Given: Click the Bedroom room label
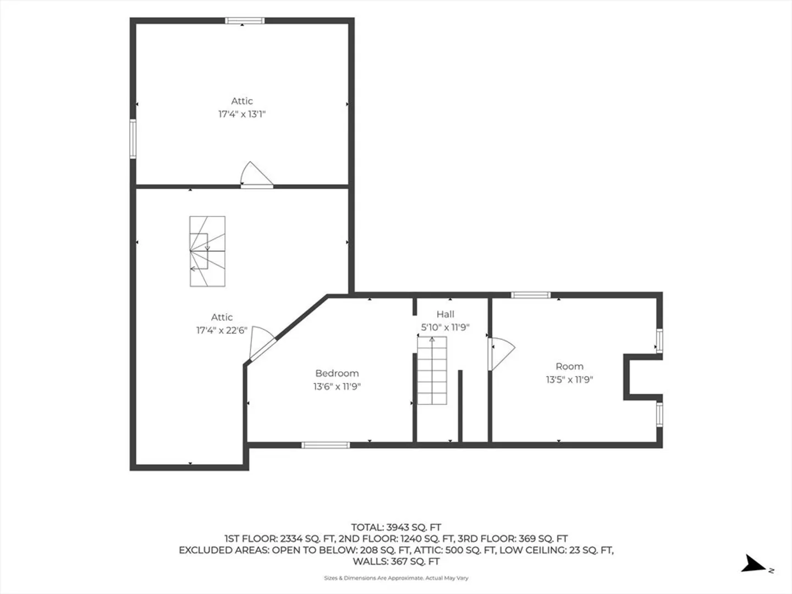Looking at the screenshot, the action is coord(337,373).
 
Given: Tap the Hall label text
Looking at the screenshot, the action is coord(446,314).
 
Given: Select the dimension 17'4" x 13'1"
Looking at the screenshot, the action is coord(242,114).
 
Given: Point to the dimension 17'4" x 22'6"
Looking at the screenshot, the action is coord(222,331).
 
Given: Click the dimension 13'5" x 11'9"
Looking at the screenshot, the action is coord(569,380).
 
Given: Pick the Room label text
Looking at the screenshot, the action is coord(569,366).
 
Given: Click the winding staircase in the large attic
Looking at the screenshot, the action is coord(207,251).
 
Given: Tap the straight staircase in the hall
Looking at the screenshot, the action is coord(432,370).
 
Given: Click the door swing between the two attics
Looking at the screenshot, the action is coord(256,175).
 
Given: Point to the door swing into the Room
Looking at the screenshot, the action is coord(502,354).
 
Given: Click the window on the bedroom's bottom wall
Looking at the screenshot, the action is coord(326,445).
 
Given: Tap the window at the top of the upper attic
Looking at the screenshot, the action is coord(245,20).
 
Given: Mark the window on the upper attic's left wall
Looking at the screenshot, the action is coord(133,139).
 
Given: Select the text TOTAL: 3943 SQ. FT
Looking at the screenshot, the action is coord(396,527).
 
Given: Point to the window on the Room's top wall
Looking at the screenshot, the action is coord(531,295).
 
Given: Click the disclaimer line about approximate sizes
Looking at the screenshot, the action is coord(396,578).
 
